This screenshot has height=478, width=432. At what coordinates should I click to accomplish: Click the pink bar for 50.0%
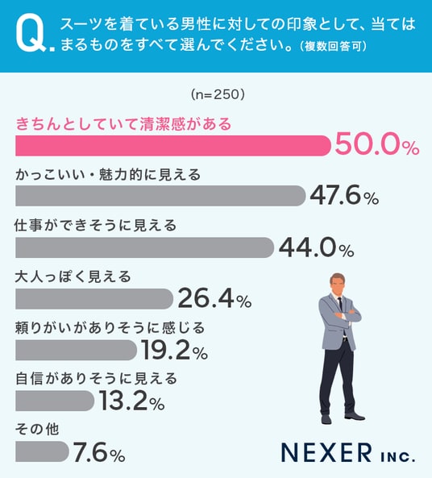[173, 146]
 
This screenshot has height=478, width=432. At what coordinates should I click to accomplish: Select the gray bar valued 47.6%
[160, 196]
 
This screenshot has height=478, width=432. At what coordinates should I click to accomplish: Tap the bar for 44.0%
[144, 247]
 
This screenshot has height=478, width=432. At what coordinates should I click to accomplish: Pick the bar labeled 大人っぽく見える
[94, 299]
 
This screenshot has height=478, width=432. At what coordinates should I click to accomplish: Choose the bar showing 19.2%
[77, 350]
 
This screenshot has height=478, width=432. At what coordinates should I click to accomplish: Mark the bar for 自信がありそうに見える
[55, 401]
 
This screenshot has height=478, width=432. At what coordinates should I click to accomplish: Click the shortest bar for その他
[43, 451]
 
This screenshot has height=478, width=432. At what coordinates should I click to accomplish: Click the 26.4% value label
[214, 298]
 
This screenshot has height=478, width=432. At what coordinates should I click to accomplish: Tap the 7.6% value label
[99, 452]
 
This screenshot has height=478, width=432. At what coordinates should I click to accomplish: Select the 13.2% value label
[131, 401]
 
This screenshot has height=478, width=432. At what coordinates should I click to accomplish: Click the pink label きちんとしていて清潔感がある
[123, 124]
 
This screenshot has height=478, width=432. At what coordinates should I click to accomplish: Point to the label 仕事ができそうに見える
[96, 225]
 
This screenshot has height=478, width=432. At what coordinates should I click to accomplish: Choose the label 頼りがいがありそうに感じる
[110, 328]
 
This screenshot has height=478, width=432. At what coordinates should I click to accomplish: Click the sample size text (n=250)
[218, 94]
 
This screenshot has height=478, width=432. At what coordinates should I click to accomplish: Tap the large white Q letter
[31, 33]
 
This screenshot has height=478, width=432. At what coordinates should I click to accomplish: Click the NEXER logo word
[326, 452]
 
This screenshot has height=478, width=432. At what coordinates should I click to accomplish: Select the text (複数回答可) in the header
[333, 46]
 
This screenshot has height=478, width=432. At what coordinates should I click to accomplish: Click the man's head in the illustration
[338, 284]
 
